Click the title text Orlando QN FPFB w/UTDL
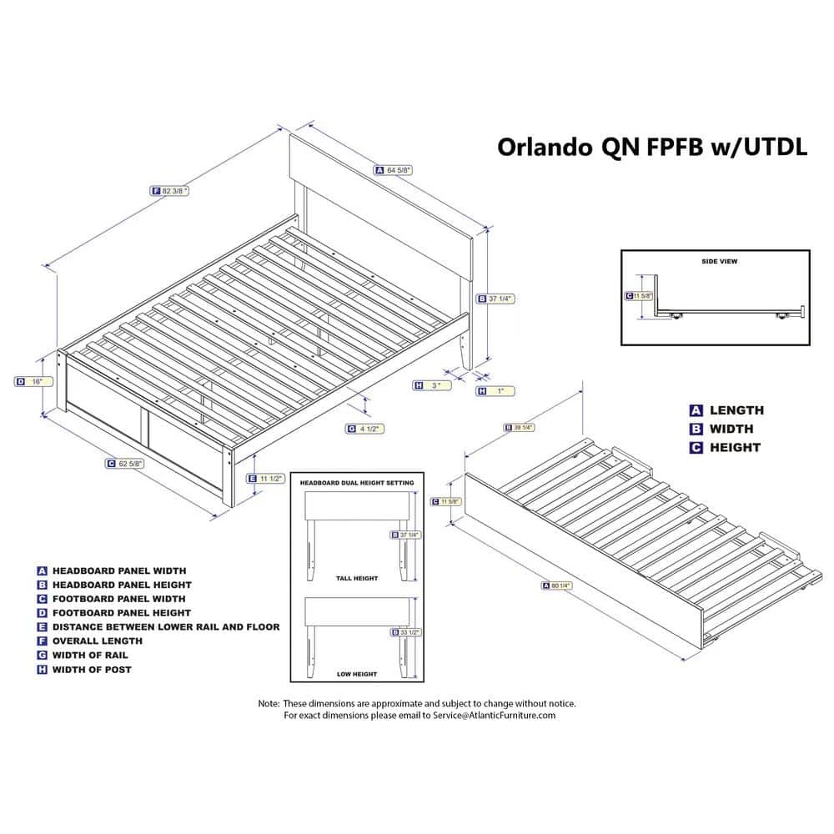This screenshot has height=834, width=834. point(641,147)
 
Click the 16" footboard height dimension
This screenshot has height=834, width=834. point(38,381)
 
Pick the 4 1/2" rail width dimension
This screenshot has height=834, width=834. point(369,429)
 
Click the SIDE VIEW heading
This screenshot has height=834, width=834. point(718,262)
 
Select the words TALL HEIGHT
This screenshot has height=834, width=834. point(358,578)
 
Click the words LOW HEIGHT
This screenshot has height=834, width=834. point(358,674)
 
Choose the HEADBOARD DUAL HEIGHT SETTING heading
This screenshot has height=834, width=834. point(356,483)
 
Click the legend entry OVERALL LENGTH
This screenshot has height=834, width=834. point(97,641)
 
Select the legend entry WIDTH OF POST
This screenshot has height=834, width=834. point(92,669)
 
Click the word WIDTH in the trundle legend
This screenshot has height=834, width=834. point(731,429)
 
